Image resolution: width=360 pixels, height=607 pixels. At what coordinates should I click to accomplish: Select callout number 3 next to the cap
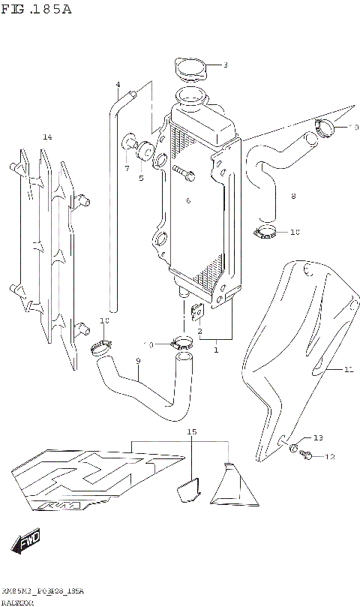coord(225,65)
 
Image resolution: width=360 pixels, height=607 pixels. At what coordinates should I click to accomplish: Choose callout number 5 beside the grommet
coord(140,178)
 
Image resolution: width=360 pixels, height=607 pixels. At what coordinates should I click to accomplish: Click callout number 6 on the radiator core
coord(188,200)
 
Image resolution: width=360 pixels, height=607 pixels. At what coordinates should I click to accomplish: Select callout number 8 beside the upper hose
coord(293,197)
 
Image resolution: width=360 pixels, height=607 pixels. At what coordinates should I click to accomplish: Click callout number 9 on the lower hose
coord(138,362)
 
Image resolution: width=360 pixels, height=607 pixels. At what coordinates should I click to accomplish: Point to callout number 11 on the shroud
coord(348,369)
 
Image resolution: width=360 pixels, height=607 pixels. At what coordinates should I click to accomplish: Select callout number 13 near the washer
coord(317,437)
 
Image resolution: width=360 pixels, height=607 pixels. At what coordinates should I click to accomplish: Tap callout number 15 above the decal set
coord(191,432)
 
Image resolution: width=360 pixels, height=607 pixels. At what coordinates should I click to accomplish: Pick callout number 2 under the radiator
coord(199,331)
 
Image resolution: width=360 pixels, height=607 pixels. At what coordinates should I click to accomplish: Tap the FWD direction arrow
coord(28,539)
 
